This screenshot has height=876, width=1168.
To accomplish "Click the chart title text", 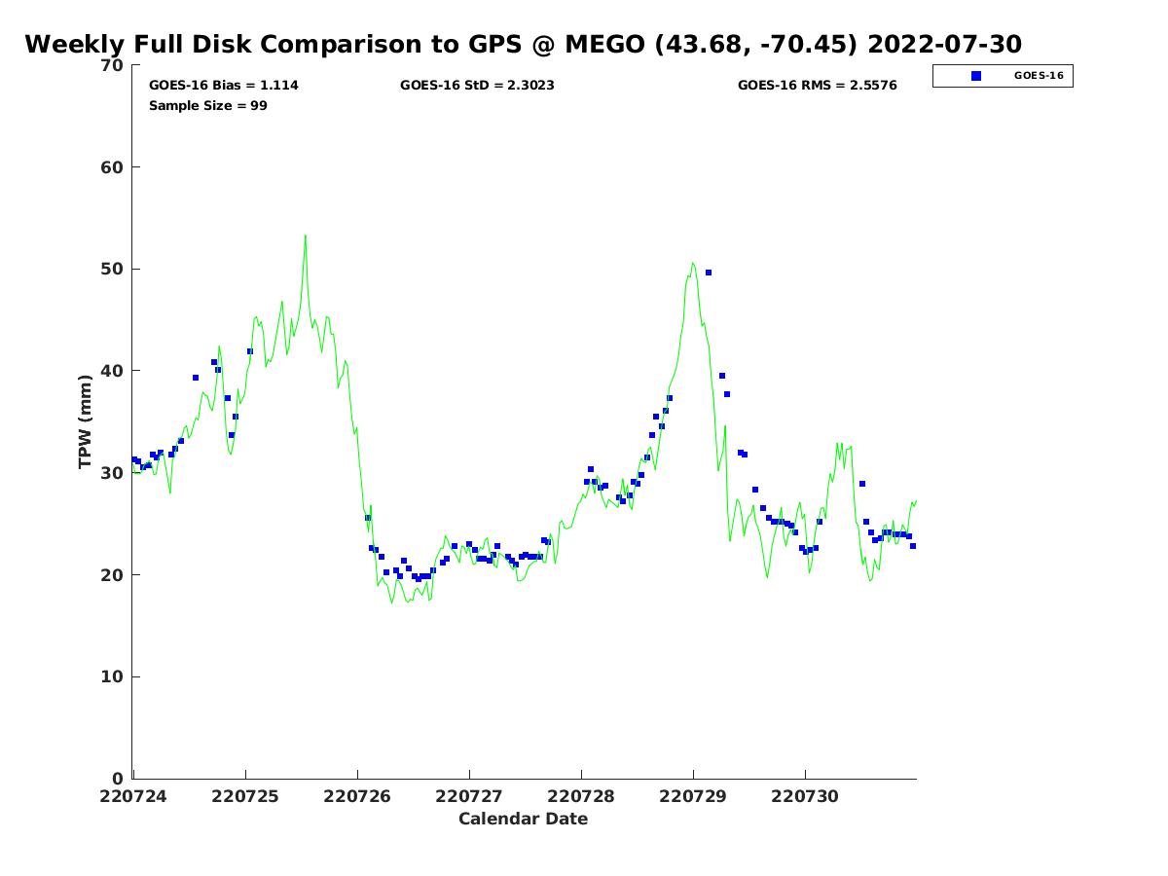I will click(x=523, y=45).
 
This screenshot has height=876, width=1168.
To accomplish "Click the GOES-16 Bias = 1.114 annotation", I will click(x=223, y=86).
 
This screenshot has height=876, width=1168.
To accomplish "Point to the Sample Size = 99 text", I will click(x=207, y=106).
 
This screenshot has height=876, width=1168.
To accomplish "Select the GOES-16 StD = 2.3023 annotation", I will click(x=477, y=86).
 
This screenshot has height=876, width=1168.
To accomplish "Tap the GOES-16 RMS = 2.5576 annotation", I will click(x=817, y=86).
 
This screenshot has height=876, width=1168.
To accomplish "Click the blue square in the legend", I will click(x=976, y=76).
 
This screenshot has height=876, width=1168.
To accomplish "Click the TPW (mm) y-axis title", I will click(x=86, y=421).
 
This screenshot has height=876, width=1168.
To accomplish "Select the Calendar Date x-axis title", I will click(x=523, y=820).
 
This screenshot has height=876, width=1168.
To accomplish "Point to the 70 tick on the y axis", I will click(x=113, y=65).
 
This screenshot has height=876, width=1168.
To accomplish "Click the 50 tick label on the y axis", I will click(x=113, y=270).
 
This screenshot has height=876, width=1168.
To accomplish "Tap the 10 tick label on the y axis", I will click(x=113, y=677).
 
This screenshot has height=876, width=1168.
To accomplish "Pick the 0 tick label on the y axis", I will click(x=118, y=779).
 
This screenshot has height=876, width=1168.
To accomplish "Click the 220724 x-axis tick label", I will click(x=134, y=797).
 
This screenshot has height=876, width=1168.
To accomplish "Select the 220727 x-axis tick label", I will click(x=469, y=797).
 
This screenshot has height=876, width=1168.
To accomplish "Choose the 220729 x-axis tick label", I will click(x=693, y=797).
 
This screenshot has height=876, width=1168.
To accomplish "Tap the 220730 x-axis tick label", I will click(x=805, y=797).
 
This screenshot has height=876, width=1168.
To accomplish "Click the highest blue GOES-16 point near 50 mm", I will click(x=709, y=273).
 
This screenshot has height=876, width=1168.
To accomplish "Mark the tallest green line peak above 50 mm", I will click(x=305, y=235).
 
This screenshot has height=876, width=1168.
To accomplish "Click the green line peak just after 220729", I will click(x=692, y=262).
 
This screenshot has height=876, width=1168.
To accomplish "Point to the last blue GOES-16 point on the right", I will click(x=913, y=546).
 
